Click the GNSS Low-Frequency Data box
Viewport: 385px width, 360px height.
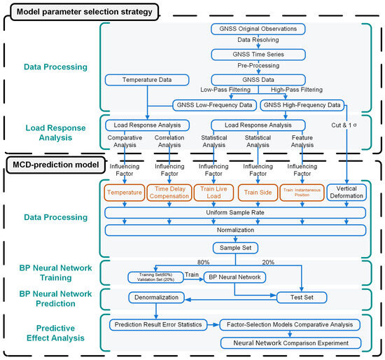[x=212, y=105]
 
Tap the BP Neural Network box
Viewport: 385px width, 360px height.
[x=233, y=277]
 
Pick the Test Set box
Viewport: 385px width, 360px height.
[x=302, y=297]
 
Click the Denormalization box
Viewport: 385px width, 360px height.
[x=160, y=297]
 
